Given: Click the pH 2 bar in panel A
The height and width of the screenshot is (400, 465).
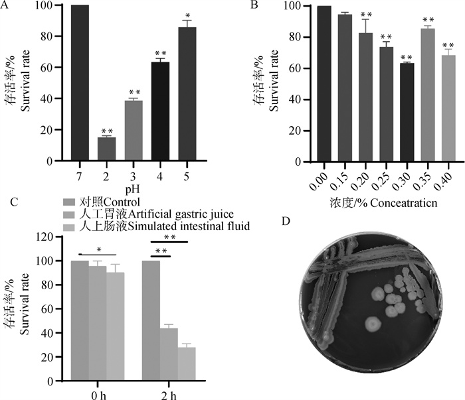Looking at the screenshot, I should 106,149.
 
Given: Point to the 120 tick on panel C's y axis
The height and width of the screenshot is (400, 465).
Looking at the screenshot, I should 46,237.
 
